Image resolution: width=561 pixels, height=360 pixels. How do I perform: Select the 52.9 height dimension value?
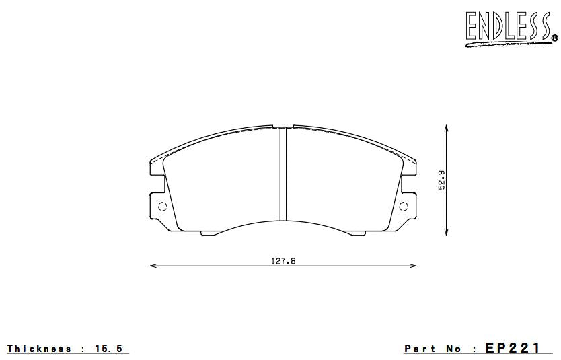point(441,179)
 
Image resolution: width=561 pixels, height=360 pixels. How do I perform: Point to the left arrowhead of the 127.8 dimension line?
point(152,266)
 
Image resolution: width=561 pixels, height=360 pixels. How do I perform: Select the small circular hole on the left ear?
point(161,207)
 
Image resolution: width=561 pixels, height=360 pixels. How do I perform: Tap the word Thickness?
point(39,349)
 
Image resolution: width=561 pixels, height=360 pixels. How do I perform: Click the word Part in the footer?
point(420,349)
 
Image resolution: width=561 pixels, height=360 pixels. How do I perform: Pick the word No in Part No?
point(454,349)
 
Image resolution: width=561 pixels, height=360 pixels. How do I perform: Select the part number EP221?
point(513,348)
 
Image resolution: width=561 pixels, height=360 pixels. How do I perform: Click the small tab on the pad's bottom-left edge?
point(209,233)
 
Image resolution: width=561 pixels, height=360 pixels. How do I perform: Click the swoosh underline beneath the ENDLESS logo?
point(504,44)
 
